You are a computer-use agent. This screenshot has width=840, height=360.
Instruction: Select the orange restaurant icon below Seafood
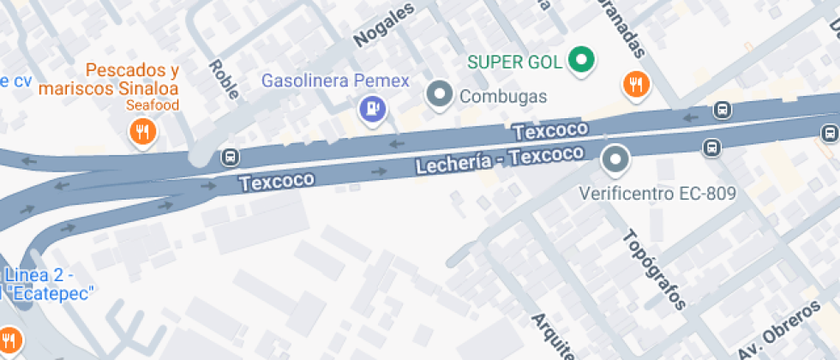coord(141,131)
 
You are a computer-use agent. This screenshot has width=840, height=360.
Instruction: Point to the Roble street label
coord(224,79)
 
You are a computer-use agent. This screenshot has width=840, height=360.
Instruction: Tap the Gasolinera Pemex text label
coord(335,81)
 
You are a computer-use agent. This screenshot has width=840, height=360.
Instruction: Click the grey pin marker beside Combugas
coord(440,94)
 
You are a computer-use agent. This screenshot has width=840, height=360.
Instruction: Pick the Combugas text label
coord(503,96)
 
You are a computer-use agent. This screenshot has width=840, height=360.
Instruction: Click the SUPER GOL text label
coord(514,62)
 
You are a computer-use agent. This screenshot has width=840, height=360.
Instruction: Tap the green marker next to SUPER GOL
coord(583,61)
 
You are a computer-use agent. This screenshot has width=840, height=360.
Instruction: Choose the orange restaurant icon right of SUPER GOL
coord(636,84)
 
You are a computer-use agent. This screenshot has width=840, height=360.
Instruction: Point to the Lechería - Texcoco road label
coord(499,159)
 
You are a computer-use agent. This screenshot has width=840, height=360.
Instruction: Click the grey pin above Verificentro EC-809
coord(615,159)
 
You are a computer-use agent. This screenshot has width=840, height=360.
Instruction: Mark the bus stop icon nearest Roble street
coord(230,157)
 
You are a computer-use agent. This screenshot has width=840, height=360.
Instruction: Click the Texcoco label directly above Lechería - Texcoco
coord(551,131)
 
